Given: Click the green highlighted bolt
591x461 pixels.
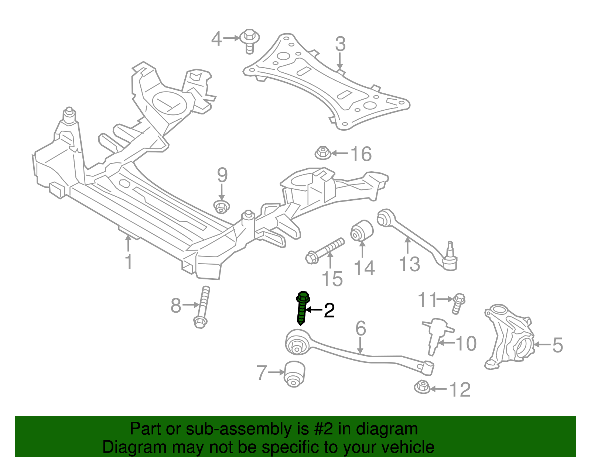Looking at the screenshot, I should point(302,308).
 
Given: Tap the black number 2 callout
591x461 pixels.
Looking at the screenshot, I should point(329,310).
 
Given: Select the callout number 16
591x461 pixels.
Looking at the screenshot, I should point(361,154).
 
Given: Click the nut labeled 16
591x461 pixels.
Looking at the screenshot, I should point(323,153).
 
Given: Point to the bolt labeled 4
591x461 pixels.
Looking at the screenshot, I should point(250,40).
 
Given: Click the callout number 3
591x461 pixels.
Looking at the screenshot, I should point(340,44).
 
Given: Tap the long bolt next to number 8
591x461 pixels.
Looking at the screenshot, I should point(202,307).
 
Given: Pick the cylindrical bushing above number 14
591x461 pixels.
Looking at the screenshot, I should point(362,230).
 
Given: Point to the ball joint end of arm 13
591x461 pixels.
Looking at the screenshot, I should point(450,258).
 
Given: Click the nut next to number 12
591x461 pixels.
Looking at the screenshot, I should point(422,387).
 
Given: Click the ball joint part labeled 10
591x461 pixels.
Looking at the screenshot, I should point(437,334).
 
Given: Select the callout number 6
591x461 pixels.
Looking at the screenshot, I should point(361,328).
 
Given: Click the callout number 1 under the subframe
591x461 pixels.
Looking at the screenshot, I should point(128,262).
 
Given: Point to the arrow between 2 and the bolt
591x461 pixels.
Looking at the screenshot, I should point(314,310).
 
